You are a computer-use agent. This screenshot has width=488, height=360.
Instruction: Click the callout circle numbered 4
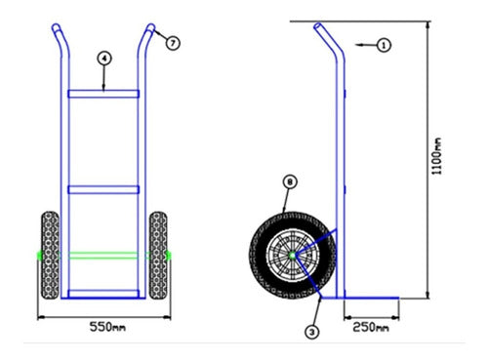(x=103, y=59)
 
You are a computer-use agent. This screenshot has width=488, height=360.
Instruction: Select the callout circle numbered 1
(x=384, y=45)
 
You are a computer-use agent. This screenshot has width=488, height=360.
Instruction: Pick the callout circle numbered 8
(x=288, y=181)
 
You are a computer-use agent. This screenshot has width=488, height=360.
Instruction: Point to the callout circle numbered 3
(x=311, y=332)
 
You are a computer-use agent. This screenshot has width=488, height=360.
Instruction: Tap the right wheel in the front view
(x=157, y=255)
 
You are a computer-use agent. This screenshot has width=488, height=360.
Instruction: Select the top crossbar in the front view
(x=103, y=94)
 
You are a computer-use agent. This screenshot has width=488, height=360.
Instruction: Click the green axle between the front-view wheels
(x=103, y=255)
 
